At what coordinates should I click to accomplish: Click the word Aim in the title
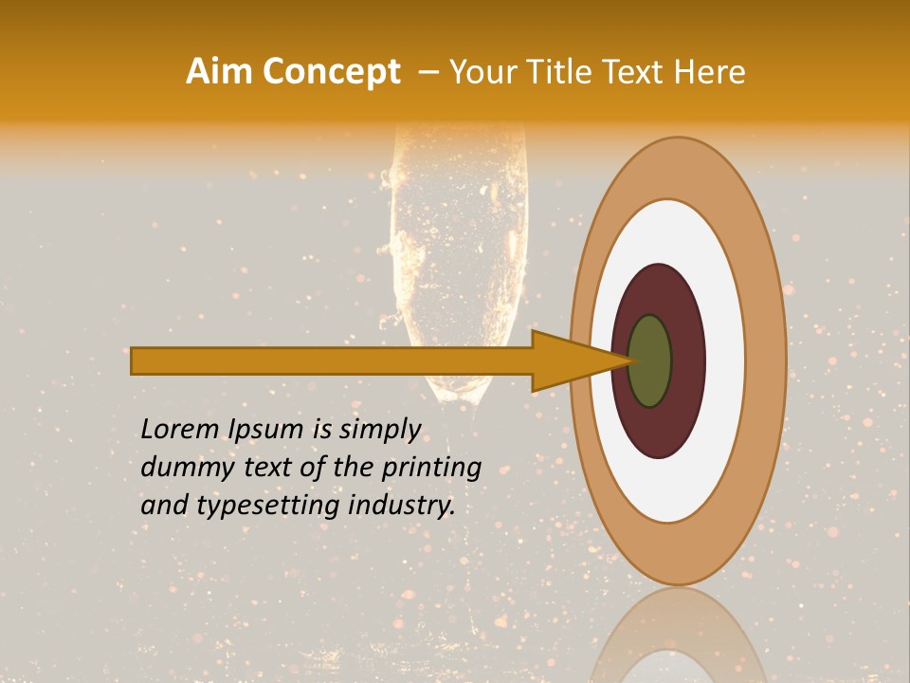tap(219, 72)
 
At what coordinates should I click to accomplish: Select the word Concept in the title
tap(331, 72)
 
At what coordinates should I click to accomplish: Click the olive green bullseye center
tap(649, 361)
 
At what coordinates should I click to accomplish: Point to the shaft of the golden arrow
tap(332, 361)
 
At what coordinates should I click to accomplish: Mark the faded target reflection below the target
tap(678, 636)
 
